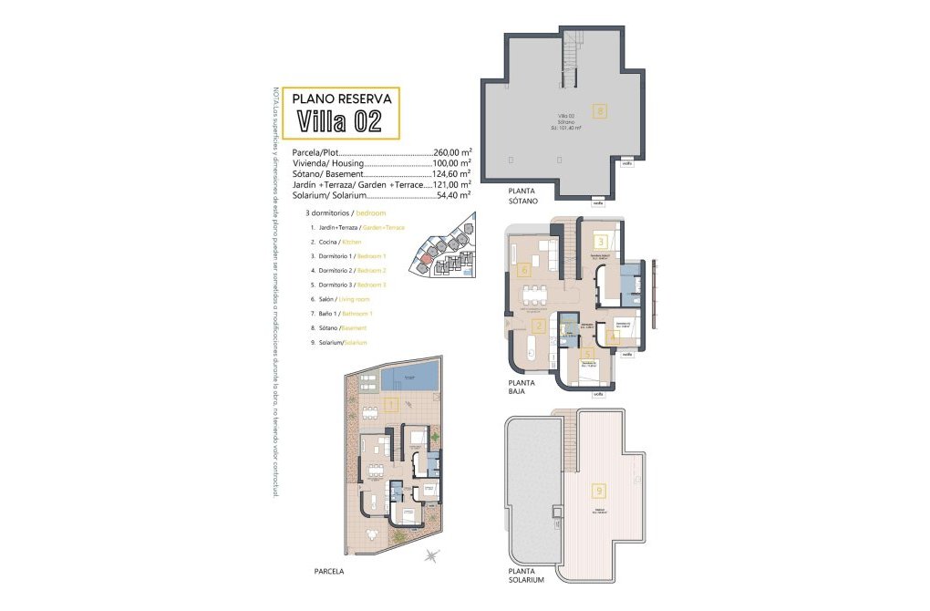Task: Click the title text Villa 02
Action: (x=338, y=120)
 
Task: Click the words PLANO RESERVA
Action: (x=341, y=98)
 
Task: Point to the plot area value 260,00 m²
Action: (x=452, y=152)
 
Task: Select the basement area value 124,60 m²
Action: (x=452, y=173)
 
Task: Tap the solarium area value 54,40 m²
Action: (x=454, y=194)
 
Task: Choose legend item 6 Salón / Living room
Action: (x=339, y=299)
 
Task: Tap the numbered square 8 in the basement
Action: (x=599, y=111)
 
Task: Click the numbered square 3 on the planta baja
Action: (x=602, y=242)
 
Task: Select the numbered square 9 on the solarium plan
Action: (x=598, y=490)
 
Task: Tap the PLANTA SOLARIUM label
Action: (x=526, y=575)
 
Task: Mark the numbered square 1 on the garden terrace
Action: (x=389, y=405)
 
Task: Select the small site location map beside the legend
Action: (x=441, y=246)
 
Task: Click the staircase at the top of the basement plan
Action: (x=571, y=57)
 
